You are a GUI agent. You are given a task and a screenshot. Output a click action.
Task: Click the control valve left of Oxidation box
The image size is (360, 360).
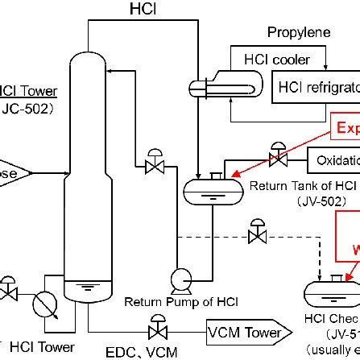coord(278,153)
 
